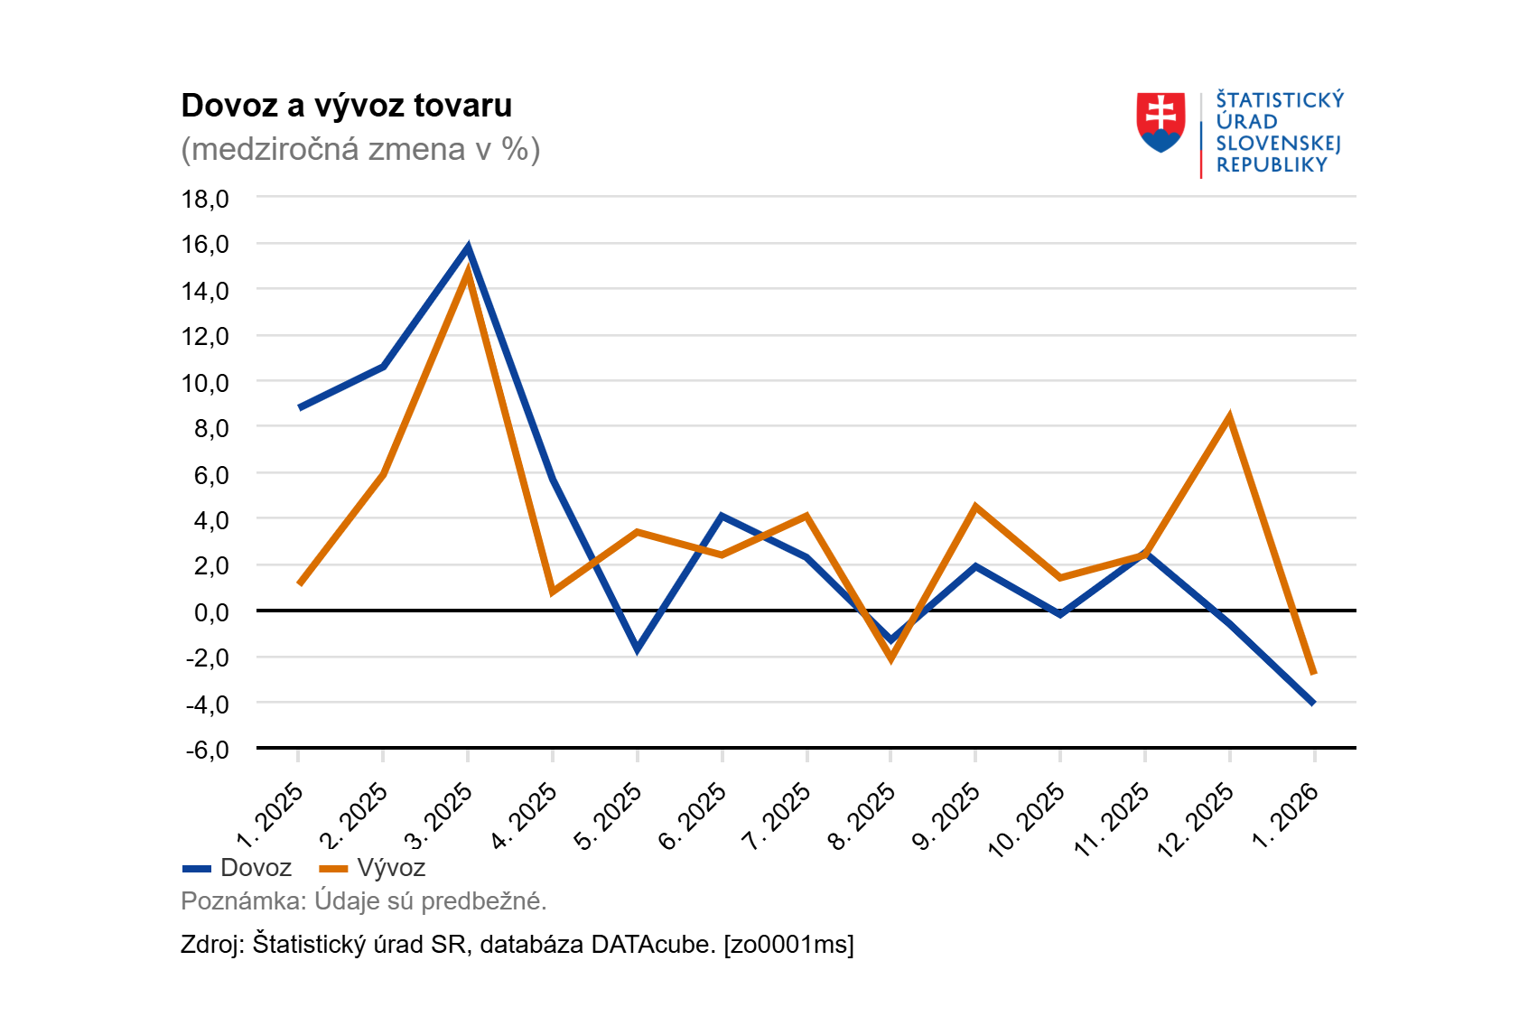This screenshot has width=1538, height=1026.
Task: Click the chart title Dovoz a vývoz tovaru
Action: pyautogui.click(x=346, y=106)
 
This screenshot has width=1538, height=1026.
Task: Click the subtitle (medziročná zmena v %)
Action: pyautogui.click(x=360, y=149)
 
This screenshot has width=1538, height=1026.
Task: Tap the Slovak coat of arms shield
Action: pyautogui.click(x=1160, y=122)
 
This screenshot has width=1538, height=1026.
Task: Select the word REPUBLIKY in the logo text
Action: pyautogui.click(x=1272, y=165)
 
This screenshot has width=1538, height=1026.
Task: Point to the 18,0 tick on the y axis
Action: pyautogui.click(x=206, y=199)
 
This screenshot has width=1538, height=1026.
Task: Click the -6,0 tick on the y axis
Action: pyautogui.click(x=206, y=750)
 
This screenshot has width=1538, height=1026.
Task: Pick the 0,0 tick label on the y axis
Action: pyautogui.click(x=211, y=612)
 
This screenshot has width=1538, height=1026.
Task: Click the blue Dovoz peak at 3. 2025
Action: pyautogui.click(x=468, y=247)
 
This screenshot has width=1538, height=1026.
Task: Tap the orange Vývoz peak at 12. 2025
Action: pyautogui.click(x=1229, y=417)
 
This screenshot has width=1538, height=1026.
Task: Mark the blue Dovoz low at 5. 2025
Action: pyautogui.click(x=637, y=648)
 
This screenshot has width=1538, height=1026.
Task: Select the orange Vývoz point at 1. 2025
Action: pyautogui.click(x=300, y=583)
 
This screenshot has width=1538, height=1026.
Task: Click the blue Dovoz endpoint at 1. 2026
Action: pyautogui.click(x=1313, y=703)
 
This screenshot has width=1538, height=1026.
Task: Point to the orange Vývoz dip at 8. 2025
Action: pyautogui.click(x=891, y=658)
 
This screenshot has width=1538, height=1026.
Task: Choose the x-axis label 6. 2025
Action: pyautogui.click(x=693, y=816)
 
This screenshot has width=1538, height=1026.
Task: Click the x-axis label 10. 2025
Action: pyautogui.click(x=1027, y=819)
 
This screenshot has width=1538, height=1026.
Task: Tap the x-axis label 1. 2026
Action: pyautogui.click(x=1286, y=816)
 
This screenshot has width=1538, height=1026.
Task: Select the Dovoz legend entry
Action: pyautogui.click(x=238, y=868)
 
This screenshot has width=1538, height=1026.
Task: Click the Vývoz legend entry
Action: pyautogui.click(x=372, y=868)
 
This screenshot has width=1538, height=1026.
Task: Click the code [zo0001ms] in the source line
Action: pyautogui.click(x=788, y=945)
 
